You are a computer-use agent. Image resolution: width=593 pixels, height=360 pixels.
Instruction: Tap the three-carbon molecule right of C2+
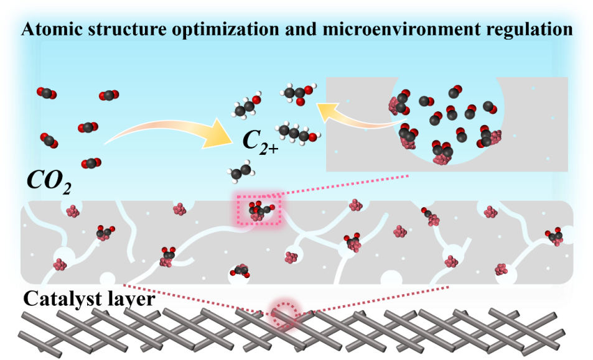pos(297,132)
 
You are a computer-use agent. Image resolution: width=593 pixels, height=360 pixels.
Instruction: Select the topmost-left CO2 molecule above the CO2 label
pos(46,94)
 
